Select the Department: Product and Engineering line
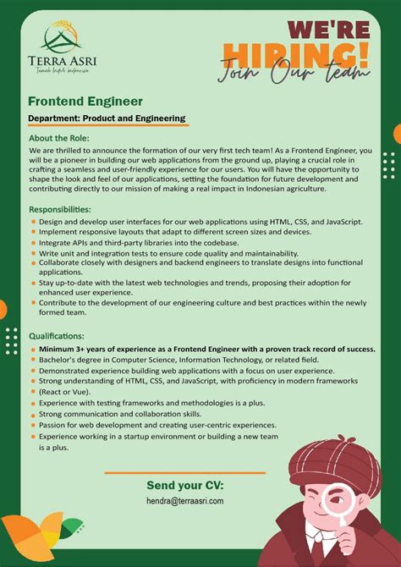(x=107, y=118)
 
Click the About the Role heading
(x=59, y=138)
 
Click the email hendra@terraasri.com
(x=185, y=501)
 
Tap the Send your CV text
(x=185, y=485)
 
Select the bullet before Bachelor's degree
(x=32, y=361)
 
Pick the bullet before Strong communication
(x=32, y=415)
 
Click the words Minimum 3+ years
(x=74, y=349)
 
